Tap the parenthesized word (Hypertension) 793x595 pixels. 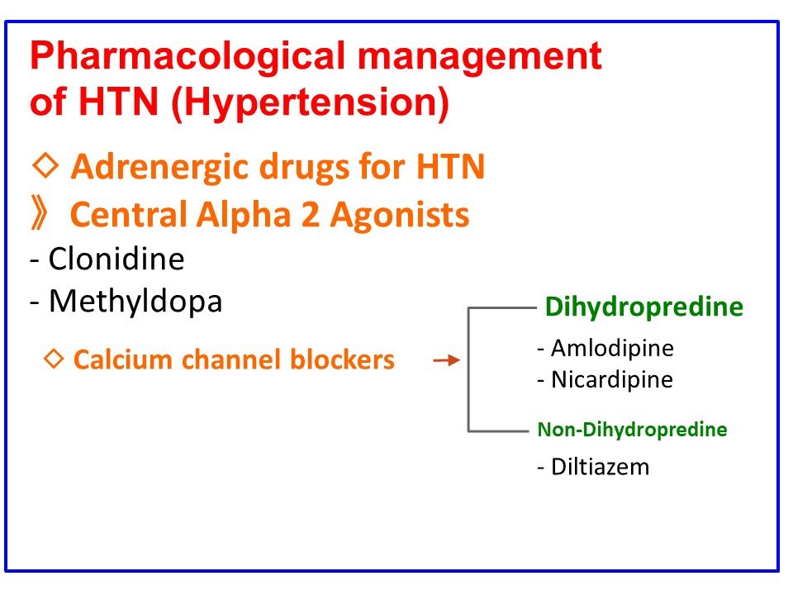tap(311, 104)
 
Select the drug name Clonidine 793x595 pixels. tap(116, 259)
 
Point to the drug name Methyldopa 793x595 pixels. tap(135, 301)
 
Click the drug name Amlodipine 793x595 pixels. tap(612, 348)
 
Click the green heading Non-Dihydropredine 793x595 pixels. tap(632, 430)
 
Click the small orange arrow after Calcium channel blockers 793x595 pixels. tap(446, 361)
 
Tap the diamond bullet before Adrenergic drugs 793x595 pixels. tap(46, 166)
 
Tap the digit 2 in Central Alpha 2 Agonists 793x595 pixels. tap(316, 216)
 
